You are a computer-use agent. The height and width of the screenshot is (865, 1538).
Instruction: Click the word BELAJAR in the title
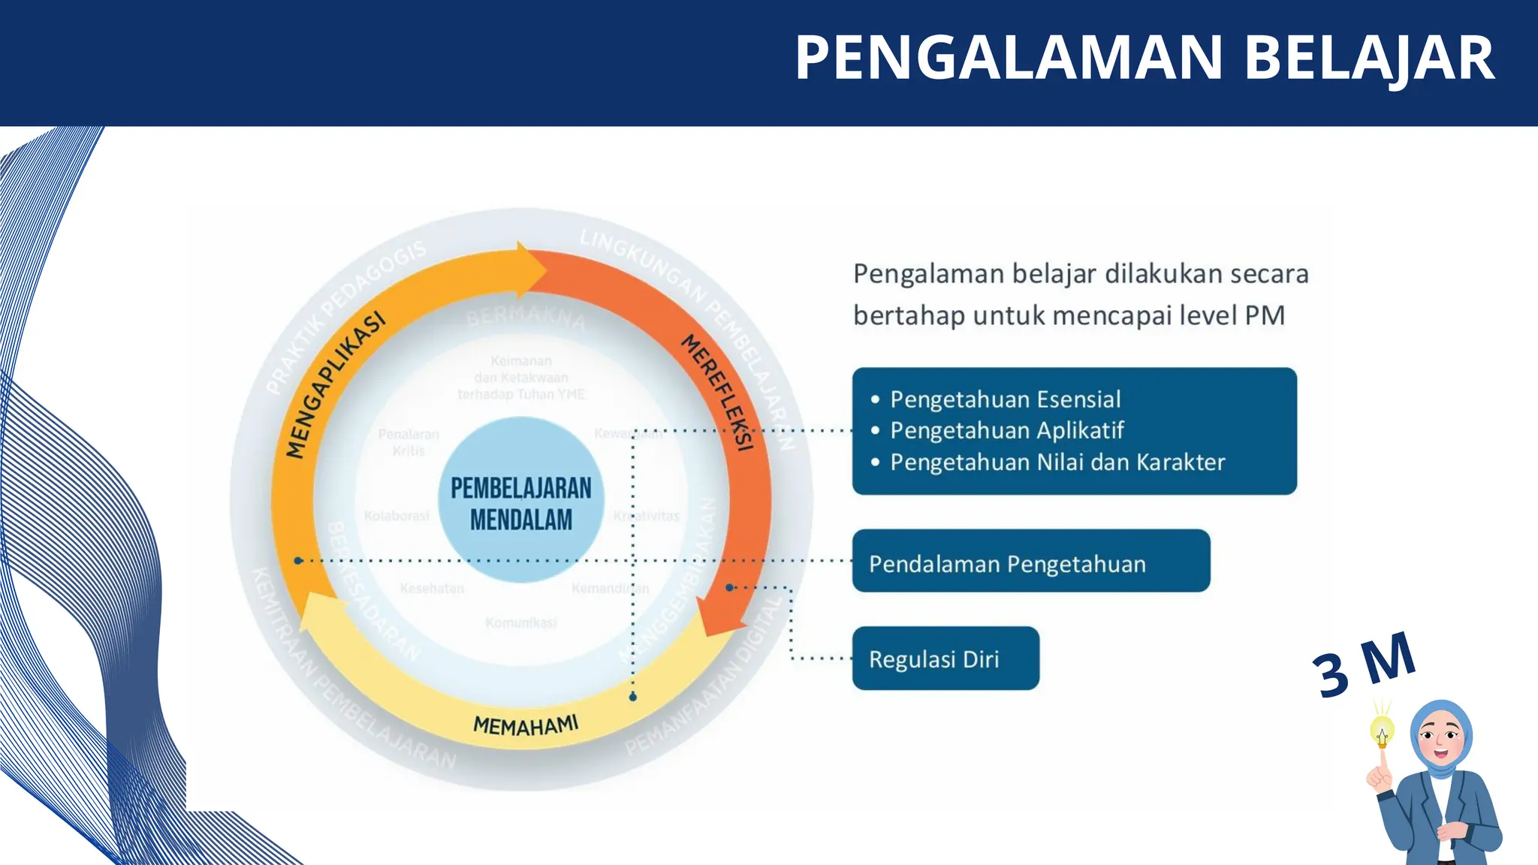tap(1369, 59)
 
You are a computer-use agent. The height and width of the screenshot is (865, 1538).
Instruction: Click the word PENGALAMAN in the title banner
tap(1009, 59)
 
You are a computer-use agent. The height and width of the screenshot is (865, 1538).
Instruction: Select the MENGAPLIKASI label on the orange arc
tap(336, 384)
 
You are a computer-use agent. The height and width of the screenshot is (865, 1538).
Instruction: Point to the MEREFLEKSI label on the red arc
tap(717, 393)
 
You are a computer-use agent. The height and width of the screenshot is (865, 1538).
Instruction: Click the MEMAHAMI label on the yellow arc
tap(526, 725)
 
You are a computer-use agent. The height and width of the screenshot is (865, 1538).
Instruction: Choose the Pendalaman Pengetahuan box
tap(1030, 562)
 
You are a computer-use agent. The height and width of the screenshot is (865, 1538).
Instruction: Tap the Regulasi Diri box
tap(945, 659)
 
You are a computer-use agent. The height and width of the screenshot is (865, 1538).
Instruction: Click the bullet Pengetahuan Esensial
tap(1005, 399)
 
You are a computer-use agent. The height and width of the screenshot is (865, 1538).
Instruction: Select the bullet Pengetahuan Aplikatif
tap(1006, 430)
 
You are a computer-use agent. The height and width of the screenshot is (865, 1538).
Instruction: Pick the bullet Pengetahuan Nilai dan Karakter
tap(1057, 462)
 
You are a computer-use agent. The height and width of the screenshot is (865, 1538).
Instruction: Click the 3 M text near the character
tap(1364, 665)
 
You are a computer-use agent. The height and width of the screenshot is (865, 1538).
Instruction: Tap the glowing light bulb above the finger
tap(1382, 730)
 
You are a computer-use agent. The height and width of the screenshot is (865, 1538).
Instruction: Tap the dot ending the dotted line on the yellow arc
tap(633, 697)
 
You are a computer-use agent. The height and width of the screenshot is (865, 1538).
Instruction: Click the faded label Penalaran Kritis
tap(409, 442)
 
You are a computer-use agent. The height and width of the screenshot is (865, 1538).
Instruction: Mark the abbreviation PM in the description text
tap(1265, 315)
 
